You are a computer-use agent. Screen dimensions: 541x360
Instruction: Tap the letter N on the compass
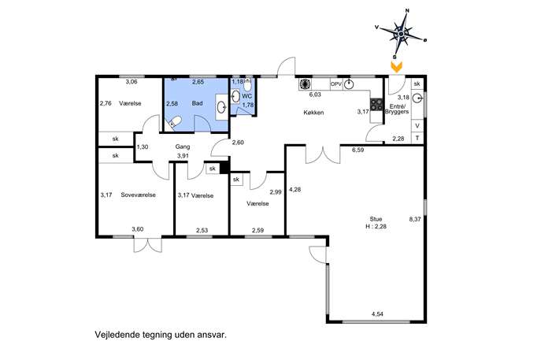click(407, 11)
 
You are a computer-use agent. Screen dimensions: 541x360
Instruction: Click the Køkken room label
click(313, 113)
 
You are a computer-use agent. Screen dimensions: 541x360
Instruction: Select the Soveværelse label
click(138, 195)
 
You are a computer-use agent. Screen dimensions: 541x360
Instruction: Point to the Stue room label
click(376, 219)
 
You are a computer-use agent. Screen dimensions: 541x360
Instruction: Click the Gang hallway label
click(183, 147)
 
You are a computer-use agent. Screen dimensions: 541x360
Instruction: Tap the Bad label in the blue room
click(198, 103)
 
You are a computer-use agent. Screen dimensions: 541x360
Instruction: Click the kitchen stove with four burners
click(376, 104)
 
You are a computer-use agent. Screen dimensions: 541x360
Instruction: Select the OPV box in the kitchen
click(335, 84)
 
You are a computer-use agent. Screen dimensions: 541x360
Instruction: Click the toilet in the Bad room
click(174, 123)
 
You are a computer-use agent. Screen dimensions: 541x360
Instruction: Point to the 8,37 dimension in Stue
click(415, 219)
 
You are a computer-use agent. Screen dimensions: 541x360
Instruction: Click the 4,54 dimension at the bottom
click(377, 314)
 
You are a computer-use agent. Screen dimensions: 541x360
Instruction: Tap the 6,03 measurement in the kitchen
click(315, 95)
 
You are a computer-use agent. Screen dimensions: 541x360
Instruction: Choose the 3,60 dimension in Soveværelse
click(137, 229)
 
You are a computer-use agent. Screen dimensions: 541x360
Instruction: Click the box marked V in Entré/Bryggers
click(417, 125)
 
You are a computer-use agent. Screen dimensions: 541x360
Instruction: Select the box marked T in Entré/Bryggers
click(417, 138)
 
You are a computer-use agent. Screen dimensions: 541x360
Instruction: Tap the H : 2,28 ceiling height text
click(376, 226)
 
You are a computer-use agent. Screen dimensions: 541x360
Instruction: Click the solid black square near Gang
click(224, 168)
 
